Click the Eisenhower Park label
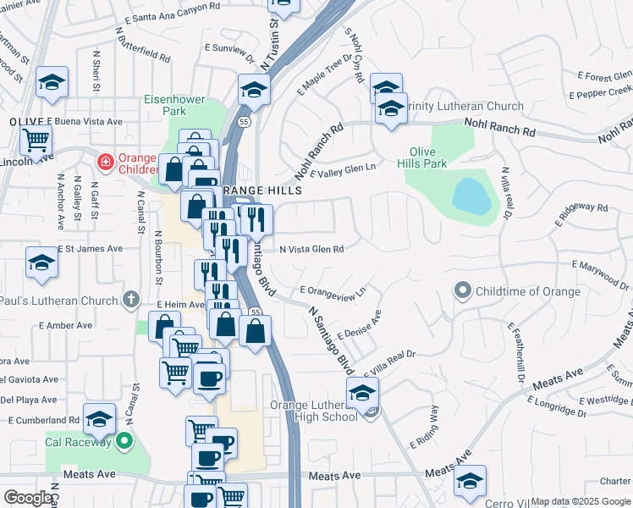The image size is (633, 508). click(x=175, y=105)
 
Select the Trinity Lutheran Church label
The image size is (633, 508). click(x=464, y=107)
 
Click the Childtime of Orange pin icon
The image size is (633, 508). click(x=462, y=291)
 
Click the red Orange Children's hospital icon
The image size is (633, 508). click(x=105, y=161)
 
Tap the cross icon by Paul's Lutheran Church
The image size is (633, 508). click(x=130, y=300)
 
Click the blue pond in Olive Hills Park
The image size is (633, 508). click(x=471, y=196)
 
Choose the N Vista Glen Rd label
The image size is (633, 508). click(x=311, y=250)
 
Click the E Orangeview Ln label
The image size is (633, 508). click(x=333, y=290)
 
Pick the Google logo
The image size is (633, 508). click(x=28, y=498)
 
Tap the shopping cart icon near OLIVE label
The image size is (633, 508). click(x=36, y=139)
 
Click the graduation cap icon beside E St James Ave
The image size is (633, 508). click(x=41, y=263)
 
